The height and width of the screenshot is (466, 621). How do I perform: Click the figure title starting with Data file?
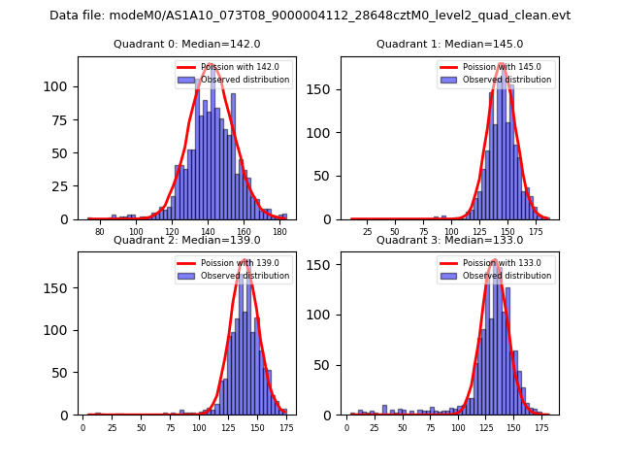(310, 16)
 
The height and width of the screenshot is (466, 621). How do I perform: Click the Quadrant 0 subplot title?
(186, 44)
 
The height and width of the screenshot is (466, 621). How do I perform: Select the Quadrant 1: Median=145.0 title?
(449, 44)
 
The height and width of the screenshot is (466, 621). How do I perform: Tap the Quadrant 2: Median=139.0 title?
(186, 240)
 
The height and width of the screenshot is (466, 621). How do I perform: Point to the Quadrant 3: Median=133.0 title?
(449, 240)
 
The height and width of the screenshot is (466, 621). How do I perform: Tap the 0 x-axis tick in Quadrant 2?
(82, 427)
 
